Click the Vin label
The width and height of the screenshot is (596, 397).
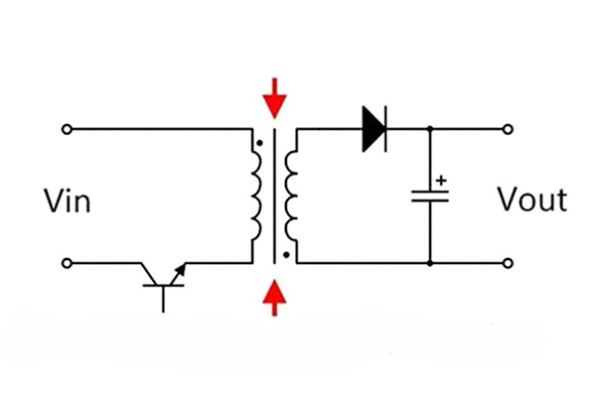coord(68,200)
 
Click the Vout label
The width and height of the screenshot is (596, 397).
coord(532,199)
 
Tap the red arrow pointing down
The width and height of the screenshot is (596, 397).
coord(274,98)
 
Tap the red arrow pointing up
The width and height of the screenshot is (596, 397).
coord(274,298)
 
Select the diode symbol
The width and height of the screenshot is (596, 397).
coord(374,129)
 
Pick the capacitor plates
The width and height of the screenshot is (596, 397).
coord(430,197)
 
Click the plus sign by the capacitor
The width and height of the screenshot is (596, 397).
coord(441,181)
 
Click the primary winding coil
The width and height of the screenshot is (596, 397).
coord(256,197)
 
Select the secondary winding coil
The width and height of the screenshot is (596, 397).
coord(291,197)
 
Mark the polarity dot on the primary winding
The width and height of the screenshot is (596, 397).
coord(259,143)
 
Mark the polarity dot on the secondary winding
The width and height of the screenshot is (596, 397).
coord(287,255)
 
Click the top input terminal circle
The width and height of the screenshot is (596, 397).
coord(67,130)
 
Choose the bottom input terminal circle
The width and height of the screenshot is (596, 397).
coord(67,263)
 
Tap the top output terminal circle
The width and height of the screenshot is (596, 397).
coord(508,130)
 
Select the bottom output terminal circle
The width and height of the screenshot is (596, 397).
coord(508,263)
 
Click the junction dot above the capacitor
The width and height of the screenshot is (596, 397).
coord(430,129)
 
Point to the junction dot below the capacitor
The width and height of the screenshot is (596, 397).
coord(430,263)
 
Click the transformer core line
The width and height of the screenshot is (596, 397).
coord(274,197)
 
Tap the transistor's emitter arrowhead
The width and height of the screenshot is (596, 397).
coord(182,268)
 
